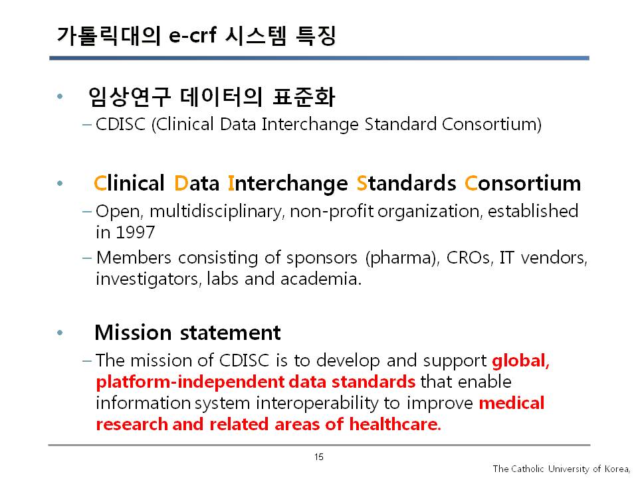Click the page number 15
coord(318,457)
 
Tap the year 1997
coord(136,232)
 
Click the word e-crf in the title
coord(192,35)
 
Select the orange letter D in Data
coord(181,183)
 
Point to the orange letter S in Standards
coord(362,183)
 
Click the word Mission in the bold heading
coord(133,333)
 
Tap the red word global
coord(520,361)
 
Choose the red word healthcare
coord(395,424)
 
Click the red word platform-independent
coord(190,382)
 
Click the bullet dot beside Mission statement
coord(60,333)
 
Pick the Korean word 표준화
coord(304,97)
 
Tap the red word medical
coord(512,403)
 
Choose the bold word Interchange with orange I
coord(288,184)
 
